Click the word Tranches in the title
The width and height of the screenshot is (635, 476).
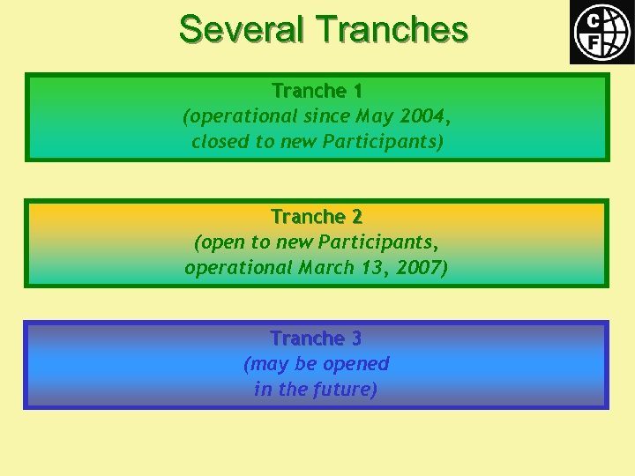click(x=392, y=29)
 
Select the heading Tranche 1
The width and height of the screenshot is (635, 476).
click(x=317, y=91)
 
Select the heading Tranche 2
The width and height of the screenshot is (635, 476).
click(x=317, y=217)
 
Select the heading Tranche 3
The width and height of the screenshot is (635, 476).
click(x=317, y=338)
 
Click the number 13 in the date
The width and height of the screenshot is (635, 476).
click(x=374, y=267)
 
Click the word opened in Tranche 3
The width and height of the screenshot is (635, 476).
click(x=357, y=364)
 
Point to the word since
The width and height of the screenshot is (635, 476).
click(x=327, y=115)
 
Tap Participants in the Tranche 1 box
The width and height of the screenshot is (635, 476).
click(x=385, y=141)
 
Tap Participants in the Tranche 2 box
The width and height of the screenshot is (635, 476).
click(x=379, y=242)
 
